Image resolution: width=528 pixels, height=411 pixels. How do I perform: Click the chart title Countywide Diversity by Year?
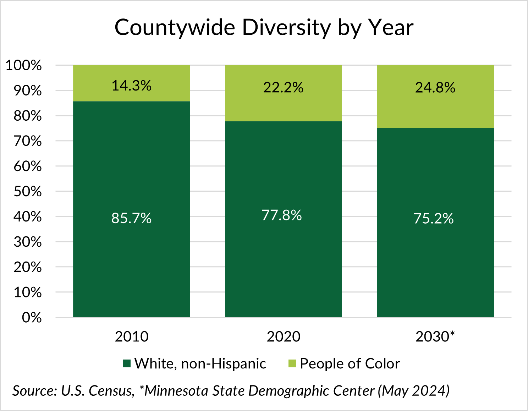point(264,28)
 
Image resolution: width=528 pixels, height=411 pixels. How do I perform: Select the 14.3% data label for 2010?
point(131,86)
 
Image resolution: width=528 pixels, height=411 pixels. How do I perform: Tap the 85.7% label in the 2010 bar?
point(131,218)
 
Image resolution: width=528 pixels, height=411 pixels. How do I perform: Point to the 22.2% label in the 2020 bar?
point(283,87)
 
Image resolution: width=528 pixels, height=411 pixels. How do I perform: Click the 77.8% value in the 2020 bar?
point(282,215)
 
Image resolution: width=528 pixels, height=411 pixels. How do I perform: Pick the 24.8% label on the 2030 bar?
point(435,87)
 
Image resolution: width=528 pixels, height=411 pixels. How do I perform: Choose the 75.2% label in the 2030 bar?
point(434,218)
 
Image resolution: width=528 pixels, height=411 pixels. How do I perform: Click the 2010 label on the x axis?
point(131,336)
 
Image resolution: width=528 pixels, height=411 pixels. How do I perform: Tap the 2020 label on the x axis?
point(283,336)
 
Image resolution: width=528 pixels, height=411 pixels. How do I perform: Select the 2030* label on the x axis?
point(435,336)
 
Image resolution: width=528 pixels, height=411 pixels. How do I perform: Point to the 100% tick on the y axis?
point(24,65)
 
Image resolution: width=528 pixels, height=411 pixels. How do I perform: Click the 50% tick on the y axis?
point(28,192)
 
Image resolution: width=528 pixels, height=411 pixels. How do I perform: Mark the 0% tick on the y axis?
point(32,318)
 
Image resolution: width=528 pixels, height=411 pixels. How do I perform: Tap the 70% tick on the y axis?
point(28,141)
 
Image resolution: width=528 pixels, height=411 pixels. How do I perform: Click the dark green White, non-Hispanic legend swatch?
point(127,363)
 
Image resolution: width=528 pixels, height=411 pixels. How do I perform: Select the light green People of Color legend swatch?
point(292,363)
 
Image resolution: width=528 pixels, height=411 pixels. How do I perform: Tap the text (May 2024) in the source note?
point(414,391)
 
